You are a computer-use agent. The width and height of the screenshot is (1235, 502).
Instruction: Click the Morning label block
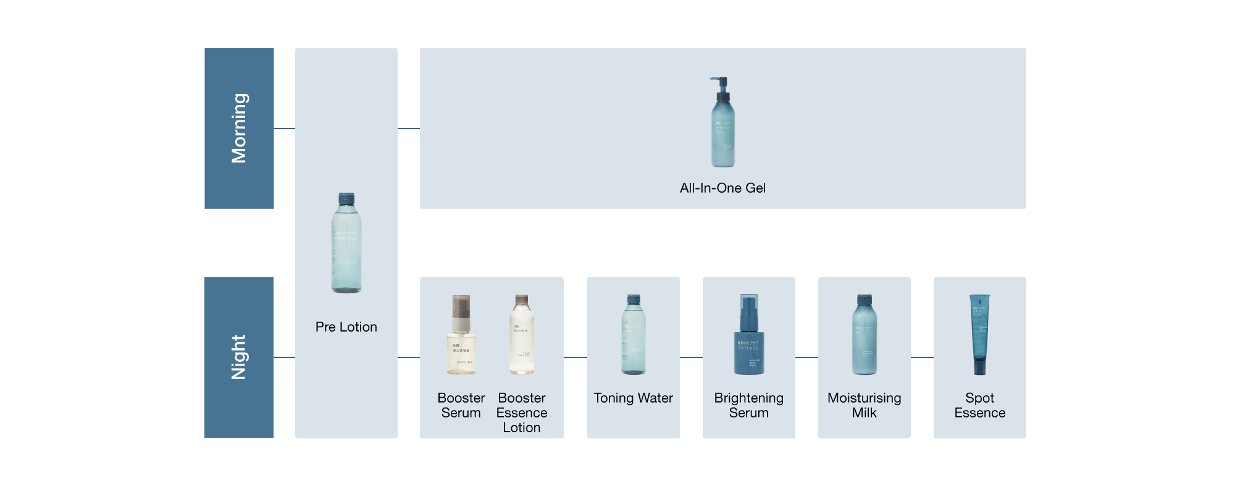click(239, 128)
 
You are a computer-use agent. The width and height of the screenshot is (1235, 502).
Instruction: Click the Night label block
click(239, 357)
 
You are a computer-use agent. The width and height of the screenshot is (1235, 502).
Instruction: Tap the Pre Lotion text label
click(346, 327)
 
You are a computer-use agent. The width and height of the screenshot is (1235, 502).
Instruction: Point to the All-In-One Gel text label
click(722, 188)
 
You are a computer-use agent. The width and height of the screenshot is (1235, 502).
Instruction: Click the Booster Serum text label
click(461, 405)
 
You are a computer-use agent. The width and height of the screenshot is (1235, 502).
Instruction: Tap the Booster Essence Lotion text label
click(522, 412)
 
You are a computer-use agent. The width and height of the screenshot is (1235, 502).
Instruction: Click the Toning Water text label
click(634, 398)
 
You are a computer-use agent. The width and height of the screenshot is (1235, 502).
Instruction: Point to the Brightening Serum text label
click(749, 405)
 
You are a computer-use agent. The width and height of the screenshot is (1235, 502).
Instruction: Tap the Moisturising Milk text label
click(865, 405)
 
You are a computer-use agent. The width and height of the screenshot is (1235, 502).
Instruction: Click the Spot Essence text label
click(980, 405)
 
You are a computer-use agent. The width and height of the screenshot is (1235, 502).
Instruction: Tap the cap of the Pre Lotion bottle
click(346, 199)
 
